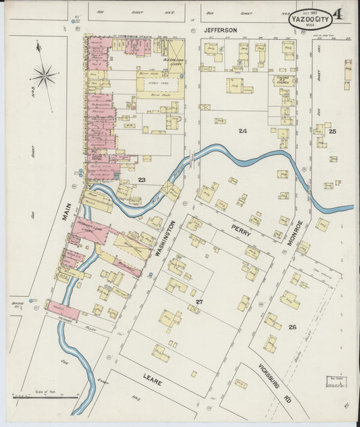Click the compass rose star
(45, 76)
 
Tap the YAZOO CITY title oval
(311, 20)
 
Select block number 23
(142, 180)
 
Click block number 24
(242, 130)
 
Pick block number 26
(292, 327)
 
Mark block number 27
(199, 301)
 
